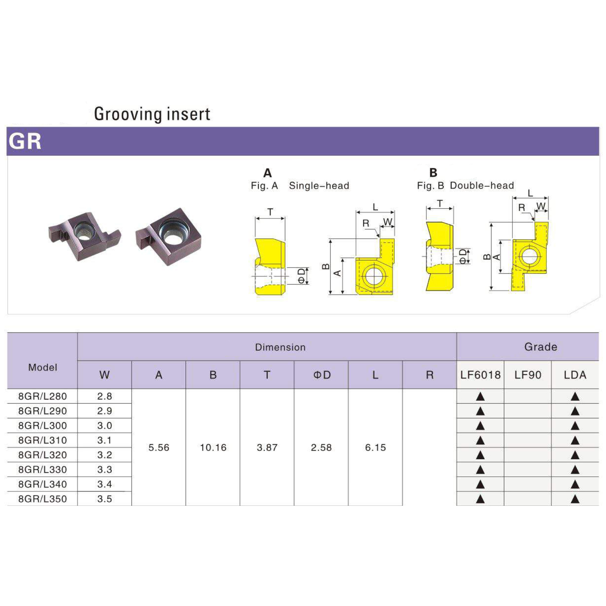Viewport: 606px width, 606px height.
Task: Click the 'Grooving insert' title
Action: [x=152, y=114]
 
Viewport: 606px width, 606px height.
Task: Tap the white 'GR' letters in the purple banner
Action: [x=25, y=141]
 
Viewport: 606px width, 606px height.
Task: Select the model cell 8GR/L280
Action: [x=42, y=396]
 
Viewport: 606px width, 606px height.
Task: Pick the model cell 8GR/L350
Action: [x=42, y=499]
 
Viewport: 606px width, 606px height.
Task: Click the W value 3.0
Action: [x=105, y=426]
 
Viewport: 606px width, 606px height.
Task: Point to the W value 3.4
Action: [x=105, y=484]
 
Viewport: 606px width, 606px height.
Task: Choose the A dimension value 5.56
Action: [x=159, y=448]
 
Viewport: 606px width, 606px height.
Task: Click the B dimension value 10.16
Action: [x=213, y=448]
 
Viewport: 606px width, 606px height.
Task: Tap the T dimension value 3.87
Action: [x=267, y=448]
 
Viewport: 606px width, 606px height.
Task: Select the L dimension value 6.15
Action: [x=375, y=448]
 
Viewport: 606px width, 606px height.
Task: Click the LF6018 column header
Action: [x=480, y=375]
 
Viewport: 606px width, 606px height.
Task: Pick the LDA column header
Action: [x=575, y=375]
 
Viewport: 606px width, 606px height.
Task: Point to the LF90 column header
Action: [x=528, y=375]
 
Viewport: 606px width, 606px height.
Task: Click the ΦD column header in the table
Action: [x=322, y=375]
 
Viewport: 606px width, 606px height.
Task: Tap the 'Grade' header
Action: [x=541, y=347]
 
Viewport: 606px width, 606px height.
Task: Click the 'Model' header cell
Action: [x=42, y=368]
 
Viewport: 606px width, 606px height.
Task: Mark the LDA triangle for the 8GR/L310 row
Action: [x=575, y=440]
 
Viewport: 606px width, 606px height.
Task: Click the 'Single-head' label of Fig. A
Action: [x=319, y=186]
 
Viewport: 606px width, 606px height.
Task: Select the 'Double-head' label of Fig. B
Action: [x=482, y=186]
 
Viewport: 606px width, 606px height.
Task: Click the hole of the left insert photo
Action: [x=85, y=231]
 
